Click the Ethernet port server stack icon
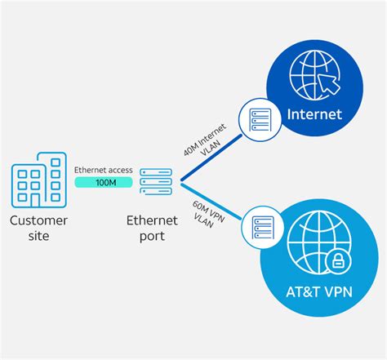[154, 180]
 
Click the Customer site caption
[38, 229]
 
